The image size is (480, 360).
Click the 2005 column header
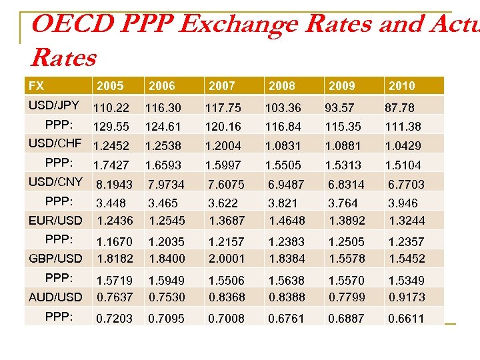coord(110,85)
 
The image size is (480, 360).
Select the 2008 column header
coord(282,85)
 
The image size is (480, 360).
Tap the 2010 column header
coord(401,85)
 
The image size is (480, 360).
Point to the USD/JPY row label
coord(54,105)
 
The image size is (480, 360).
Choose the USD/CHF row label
coord(55,143)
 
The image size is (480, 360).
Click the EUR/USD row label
coord(55,220)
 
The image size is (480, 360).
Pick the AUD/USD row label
coord(55,297)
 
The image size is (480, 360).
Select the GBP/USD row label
coord(55,258)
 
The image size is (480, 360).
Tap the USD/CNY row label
coord(55,181)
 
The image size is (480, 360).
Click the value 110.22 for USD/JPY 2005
coord(111,107)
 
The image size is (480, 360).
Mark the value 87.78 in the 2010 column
coord(399,107)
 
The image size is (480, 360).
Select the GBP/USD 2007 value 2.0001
coord(226,259)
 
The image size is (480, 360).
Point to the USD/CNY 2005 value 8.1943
coord(114,184)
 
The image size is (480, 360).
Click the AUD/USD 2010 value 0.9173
coord(406,297)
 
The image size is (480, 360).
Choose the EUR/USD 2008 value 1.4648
coord(286,221)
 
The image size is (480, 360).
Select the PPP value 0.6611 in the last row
coord(406,319)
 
